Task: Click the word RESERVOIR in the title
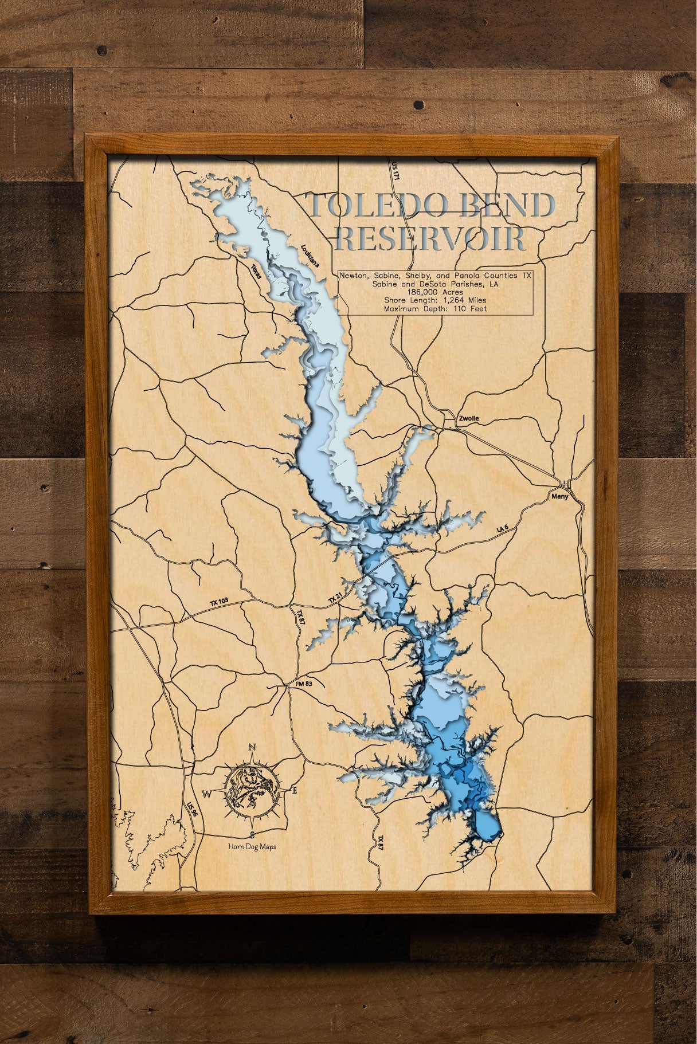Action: [x=430, y=239]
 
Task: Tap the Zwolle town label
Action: [x=468, y=419]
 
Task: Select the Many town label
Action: [x=559, y=496]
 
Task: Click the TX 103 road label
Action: [x=219, y=602]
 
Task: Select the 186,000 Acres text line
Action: [x=435, y=292]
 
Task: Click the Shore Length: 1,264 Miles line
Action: [x=435, y=300]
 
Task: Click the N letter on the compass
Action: [x=251, y=747]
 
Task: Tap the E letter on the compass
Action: [x=295, y=791]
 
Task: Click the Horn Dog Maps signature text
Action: [x=251, y=846]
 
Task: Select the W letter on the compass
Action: [x=206, y=794]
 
